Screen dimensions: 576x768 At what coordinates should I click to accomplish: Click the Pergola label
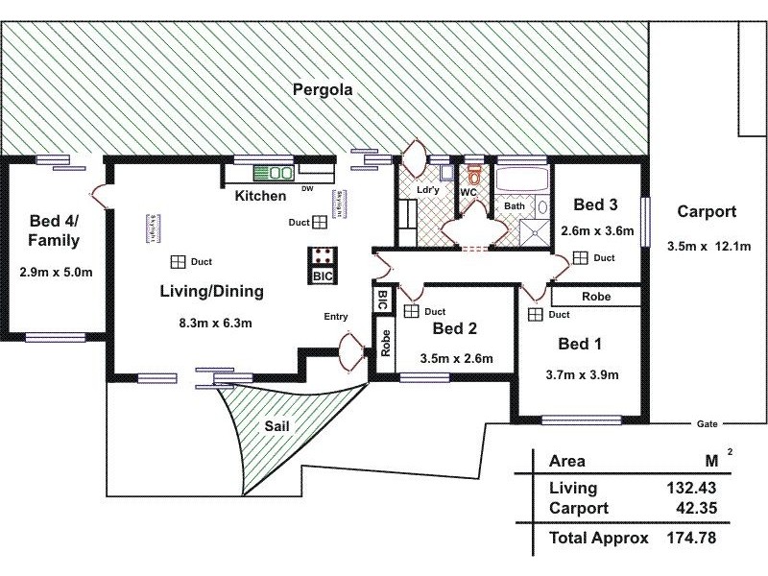pos(323,91)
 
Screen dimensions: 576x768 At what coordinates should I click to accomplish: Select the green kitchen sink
pos(275,174)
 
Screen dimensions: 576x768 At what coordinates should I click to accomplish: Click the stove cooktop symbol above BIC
pos(323,257)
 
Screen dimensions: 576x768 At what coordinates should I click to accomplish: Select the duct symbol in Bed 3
pos(580,257)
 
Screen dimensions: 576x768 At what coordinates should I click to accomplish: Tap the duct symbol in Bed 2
pos(411,311)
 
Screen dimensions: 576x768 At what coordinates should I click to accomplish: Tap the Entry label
pos(335,318)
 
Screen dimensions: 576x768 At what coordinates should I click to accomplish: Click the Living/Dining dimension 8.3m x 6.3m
pos(215,323)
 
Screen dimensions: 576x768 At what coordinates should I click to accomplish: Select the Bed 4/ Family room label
pos(54,230)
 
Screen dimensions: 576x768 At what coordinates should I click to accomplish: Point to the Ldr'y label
pos(427,190)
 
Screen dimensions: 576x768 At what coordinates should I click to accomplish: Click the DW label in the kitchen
pos(307,189)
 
